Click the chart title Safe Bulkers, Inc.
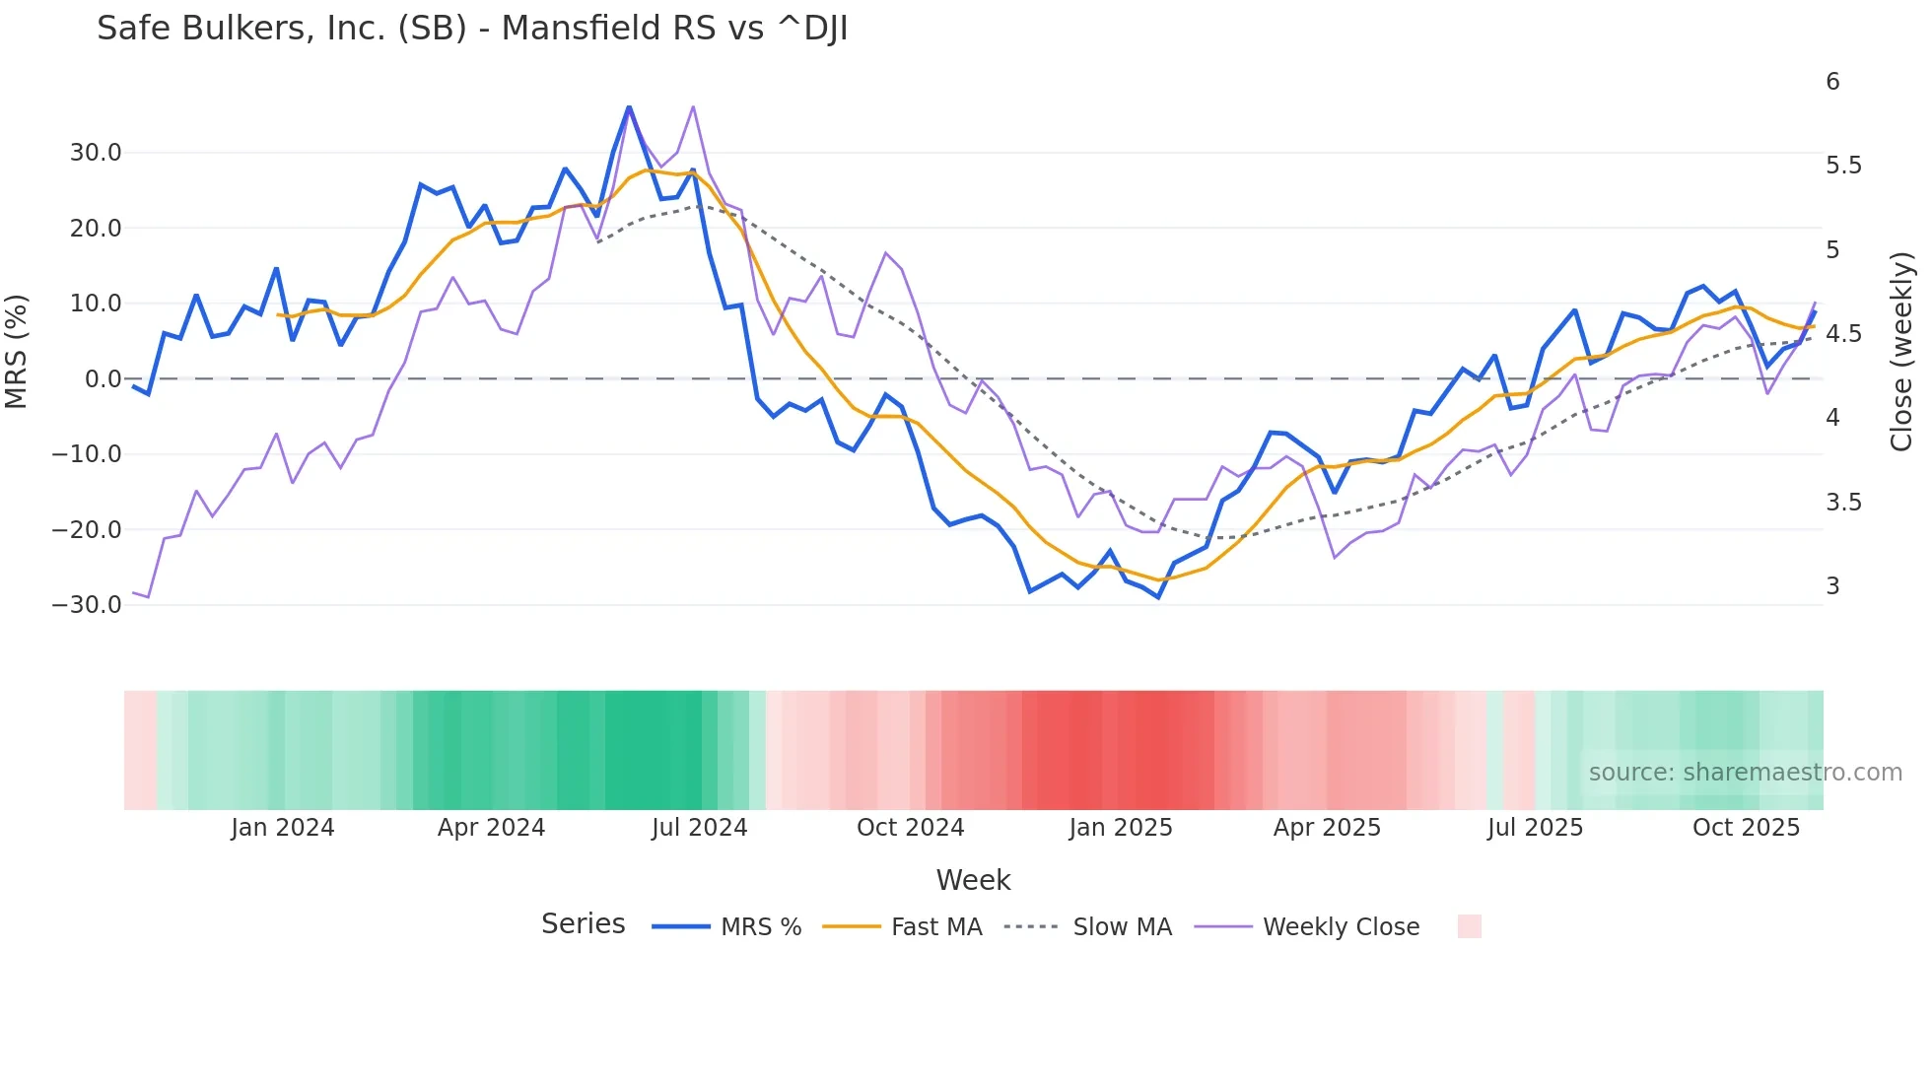472,29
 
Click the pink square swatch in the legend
1469,926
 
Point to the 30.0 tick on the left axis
96,153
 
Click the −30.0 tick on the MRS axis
87,605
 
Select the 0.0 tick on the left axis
103,379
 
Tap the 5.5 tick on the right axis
1843,166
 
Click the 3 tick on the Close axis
1832,586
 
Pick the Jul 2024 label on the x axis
699,828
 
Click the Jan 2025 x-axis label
1120,828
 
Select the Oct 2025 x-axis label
1746,828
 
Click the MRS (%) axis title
17,351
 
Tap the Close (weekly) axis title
1901,352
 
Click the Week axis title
973,880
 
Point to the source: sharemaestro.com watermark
1745,773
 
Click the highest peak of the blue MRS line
629,107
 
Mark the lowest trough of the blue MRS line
1158,597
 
